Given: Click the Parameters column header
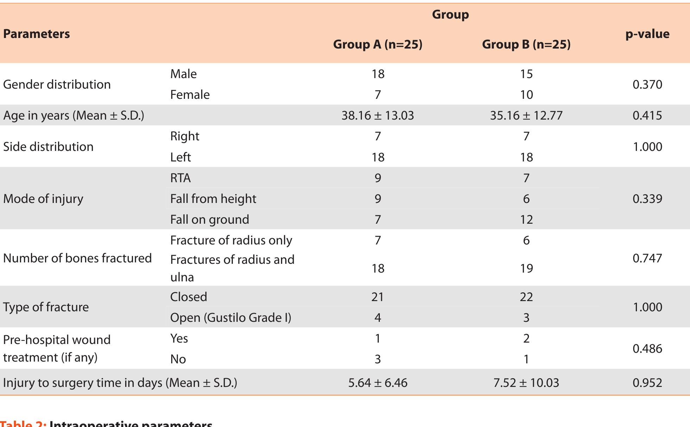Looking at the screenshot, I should pyautogui.click(x=36, y=34).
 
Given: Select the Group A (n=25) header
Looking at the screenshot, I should pyautogui.click(x=377, y=44).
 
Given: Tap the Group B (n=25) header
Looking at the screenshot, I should pyautogui.click(x=526, y=44).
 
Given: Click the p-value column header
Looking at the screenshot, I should pyautogui.click(x=647, y=34).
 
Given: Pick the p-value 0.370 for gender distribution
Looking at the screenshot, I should pyautogui.click(x=647, y=84).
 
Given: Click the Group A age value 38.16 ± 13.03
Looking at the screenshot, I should pyautogui.click(x=377, y=115).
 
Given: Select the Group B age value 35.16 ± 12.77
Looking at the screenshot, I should pyautogui.click(x=526, y=115).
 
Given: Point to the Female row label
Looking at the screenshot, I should pyautogui.click(x=190, y=95).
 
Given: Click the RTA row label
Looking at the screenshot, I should pyautogui.click(x=180, y=178).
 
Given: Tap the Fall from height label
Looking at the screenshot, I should pyautogui.click(x=213, y=199).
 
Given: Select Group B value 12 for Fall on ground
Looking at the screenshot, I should pyautogui.click(x=526, y=219).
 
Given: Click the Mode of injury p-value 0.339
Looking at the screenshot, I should pyautogui.click(x=647, y=199).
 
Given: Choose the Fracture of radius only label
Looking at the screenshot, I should pyautogui.click(x=231, y=240).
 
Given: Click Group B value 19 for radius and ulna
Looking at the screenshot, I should pyautogui.click(x=526, y=268).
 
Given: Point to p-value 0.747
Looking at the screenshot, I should pyautogui.click(x=647, y=258).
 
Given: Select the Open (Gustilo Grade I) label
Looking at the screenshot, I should pyautogui.click(x=231, y=318).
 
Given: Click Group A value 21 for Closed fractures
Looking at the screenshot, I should pyautogui.click(x=377, y=297).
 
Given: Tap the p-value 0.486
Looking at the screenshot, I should pyautogui.click(x=647, y=349).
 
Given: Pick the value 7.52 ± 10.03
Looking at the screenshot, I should pyautogui.click(x=526, y=383).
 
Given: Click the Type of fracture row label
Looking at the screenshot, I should pyautogui.click(x=46, y=307).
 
